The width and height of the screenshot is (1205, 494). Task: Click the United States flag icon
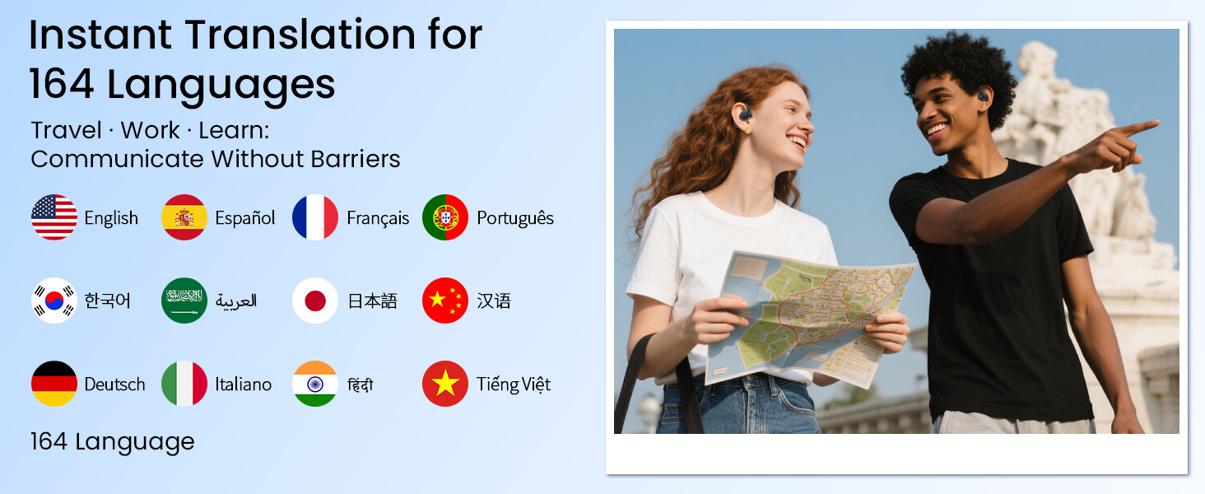click(54, 217)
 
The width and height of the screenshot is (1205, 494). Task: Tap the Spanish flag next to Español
click(184, 217)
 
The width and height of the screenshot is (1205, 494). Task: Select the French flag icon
click(314, 217)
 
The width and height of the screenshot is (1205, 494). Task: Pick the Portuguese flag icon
click(445, 217)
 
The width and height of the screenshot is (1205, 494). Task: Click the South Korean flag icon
click(54, 301)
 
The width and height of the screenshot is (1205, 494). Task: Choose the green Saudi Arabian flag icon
click(184, 301)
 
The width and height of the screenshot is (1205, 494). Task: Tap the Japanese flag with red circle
click(314, 301)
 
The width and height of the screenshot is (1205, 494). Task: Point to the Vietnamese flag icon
click(445, 384)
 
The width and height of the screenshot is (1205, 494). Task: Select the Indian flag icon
click(314, 384)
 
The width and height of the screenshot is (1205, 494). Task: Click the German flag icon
click(54, 384)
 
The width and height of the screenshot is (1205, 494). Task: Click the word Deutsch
click(114, 384)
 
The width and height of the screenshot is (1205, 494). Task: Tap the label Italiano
click(243, 384)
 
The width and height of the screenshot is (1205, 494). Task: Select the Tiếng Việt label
click(514, 384)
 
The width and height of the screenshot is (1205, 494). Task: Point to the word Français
click(378, 218)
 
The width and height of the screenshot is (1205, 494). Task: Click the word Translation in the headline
click(300, 35)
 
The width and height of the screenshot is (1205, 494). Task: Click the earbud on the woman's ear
click(745, 114)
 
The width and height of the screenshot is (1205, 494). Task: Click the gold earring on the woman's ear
click(747, 130)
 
